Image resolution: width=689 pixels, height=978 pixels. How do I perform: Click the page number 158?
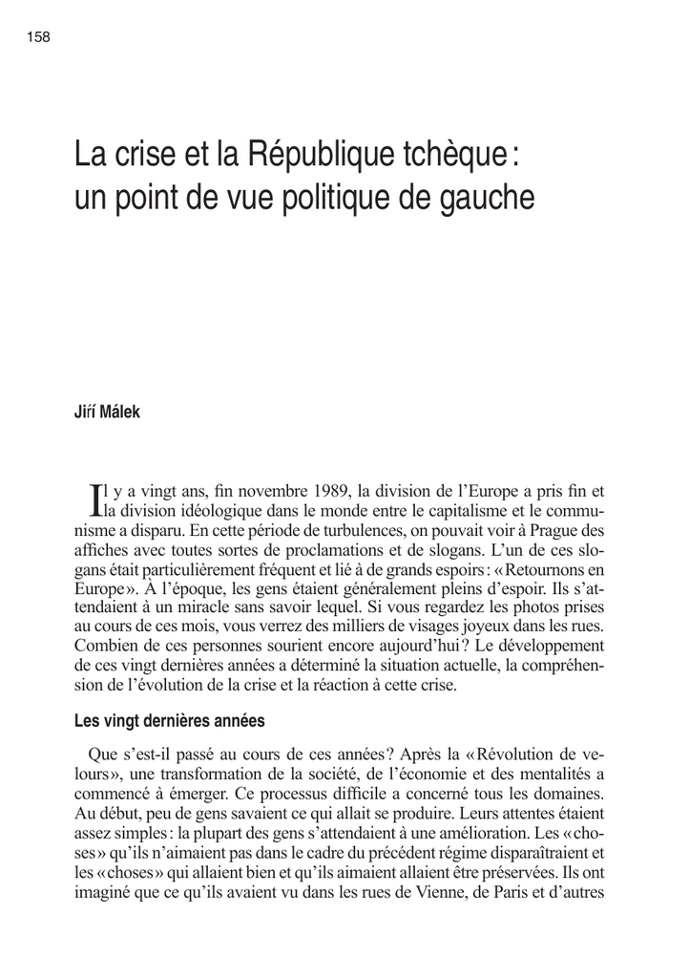39,37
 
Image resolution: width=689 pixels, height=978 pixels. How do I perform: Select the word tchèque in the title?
444,153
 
